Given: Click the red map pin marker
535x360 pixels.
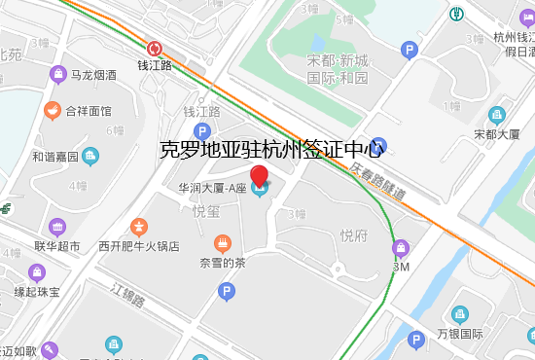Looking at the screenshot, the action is click(260, 177).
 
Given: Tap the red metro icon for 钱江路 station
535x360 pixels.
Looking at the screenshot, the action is click(155, 48).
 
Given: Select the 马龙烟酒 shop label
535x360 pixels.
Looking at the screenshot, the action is click(94, 74).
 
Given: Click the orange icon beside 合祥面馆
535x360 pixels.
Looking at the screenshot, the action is click(52, 111).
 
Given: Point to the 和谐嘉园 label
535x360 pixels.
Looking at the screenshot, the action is click(54, 156).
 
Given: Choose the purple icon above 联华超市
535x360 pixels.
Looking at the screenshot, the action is click(56, 227).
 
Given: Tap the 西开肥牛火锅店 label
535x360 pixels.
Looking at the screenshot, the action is click(138, 246).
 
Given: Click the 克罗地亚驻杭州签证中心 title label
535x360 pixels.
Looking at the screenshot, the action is click(272, 150).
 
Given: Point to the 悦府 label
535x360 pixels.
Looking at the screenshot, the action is click(353, 234).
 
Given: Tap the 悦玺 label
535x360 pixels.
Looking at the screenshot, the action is click(206, 211).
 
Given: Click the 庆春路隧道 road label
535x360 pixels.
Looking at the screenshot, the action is click(377, 181).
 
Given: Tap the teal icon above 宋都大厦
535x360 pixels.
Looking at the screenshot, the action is click(497, 115).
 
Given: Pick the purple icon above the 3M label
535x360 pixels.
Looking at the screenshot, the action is click(400, 249).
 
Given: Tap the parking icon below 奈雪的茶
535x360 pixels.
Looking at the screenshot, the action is click(226, 290).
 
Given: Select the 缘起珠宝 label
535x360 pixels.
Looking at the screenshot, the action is click(37, 291).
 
